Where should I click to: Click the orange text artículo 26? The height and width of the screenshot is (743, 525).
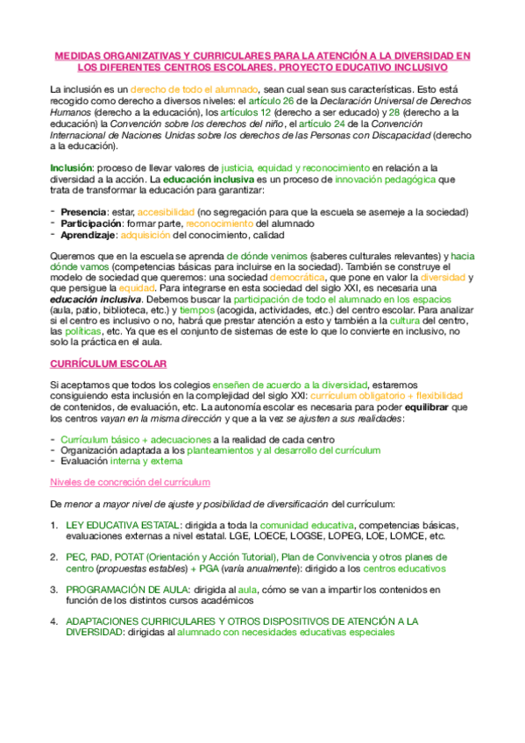click(x=274, y=102)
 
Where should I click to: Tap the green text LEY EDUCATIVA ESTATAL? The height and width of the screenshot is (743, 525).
click(x=122, y=526)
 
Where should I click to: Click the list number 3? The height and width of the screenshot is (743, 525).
click(x=54, y=591)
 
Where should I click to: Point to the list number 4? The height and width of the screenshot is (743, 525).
click(x=54, y=621)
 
